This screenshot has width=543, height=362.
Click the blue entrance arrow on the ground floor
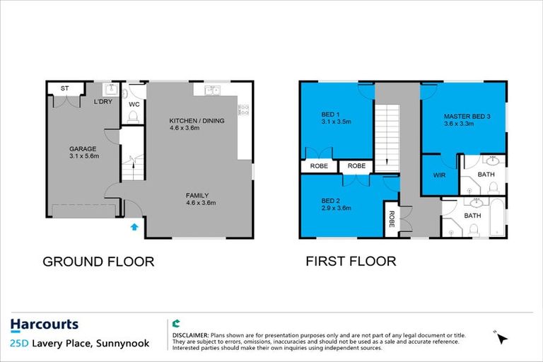pos(134,228)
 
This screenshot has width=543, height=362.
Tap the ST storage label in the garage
pos(64,88)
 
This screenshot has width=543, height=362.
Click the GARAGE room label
pos(83,149)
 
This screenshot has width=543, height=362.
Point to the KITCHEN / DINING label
pos(197,121)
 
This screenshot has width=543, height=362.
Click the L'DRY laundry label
pos(103,103)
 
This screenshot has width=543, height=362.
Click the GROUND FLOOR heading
pos(98,262)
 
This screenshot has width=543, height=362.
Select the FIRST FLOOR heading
pos(351,262)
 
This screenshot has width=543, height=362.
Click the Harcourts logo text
pos(45,325)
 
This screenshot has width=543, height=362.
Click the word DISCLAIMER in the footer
pos(189,335)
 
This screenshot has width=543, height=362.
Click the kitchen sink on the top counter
pos(212,90)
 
